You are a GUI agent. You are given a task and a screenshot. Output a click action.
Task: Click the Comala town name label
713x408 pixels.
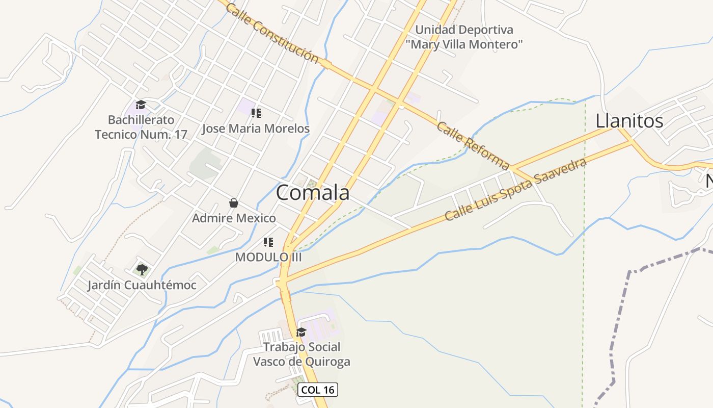[313, 193]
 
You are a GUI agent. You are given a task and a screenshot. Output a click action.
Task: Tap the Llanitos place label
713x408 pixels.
[629, 121]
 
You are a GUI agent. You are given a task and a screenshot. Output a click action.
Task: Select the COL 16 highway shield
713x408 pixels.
[318, 390]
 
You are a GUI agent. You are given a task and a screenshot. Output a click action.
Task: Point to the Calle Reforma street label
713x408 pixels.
[473, 145]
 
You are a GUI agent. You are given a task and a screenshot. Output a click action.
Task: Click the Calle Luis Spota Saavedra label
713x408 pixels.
[515, 190]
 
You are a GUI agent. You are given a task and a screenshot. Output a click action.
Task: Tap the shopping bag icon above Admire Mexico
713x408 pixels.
[234, 203]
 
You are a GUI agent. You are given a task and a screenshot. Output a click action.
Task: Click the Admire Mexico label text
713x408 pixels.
[234, 218]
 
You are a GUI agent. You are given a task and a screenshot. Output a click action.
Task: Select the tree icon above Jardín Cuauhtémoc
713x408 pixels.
[142, 269]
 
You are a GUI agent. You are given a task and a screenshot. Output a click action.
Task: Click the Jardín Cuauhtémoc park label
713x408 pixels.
[142, 285]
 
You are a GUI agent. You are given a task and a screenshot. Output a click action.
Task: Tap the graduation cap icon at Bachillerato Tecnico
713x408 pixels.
[141, 105]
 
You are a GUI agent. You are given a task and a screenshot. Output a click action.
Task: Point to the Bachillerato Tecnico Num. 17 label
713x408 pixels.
[141, 127]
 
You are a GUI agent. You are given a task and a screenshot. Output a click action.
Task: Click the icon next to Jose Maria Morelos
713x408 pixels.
[256, 113]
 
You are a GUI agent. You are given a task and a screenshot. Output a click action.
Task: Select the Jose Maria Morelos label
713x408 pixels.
[256, 129]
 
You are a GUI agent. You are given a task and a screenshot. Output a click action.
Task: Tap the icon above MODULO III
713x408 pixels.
[268, 242]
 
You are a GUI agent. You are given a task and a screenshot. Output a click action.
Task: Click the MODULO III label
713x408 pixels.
[268, 258]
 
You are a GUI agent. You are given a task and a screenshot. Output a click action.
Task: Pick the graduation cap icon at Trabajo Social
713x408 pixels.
[301, 333]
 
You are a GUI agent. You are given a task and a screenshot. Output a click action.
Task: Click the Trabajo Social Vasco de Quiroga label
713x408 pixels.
[301, 354]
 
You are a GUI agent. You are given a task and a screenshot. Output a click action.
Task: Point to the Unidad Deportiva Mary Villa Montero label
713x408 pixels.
[464, 37]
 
